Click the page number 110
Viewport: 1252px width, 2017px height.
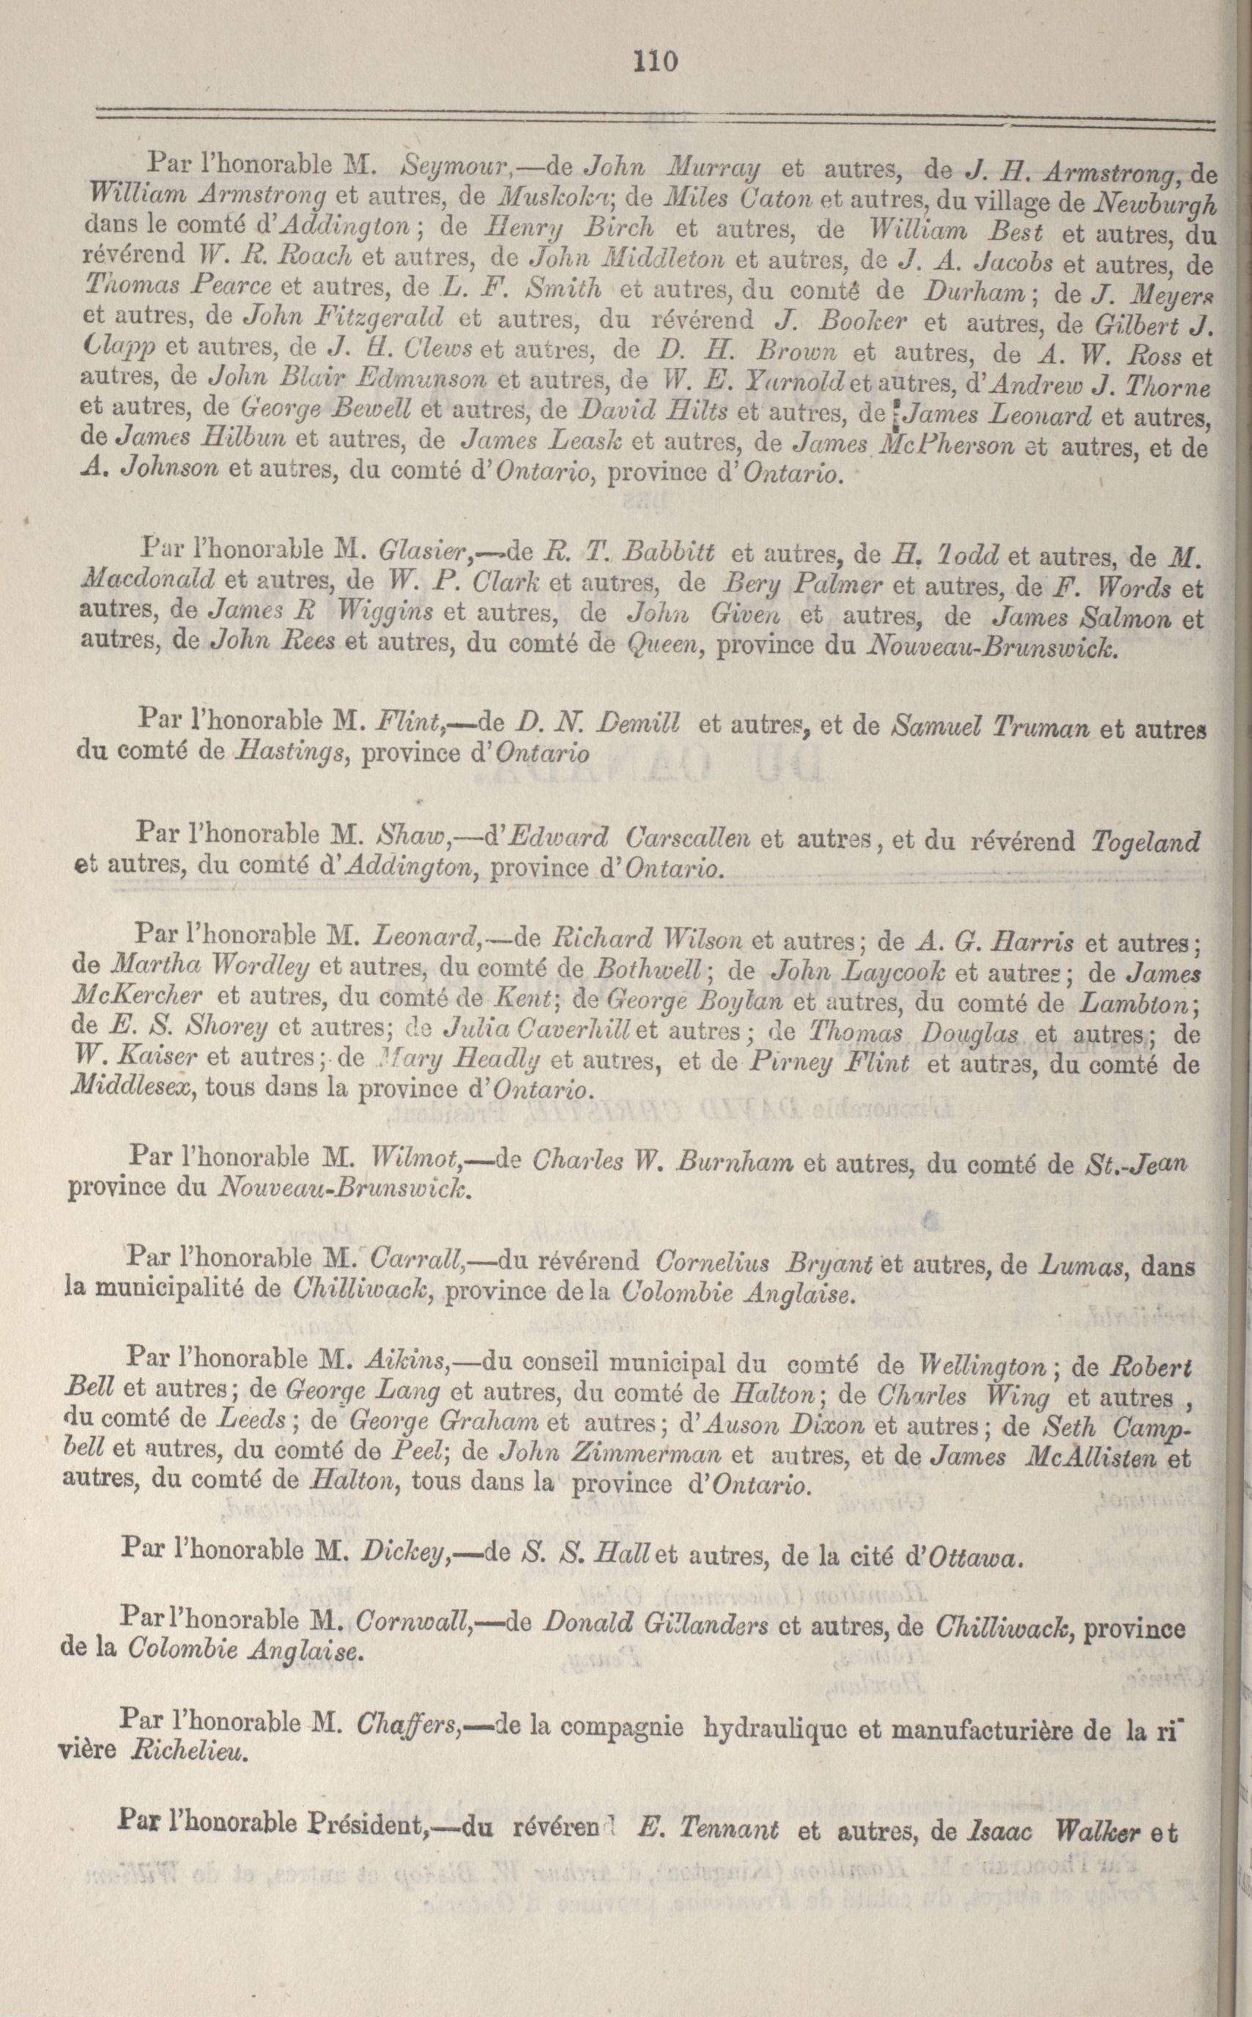(x=655, y=62)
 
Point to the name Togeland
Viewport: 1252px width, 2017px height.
(x=1145, y=842)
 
